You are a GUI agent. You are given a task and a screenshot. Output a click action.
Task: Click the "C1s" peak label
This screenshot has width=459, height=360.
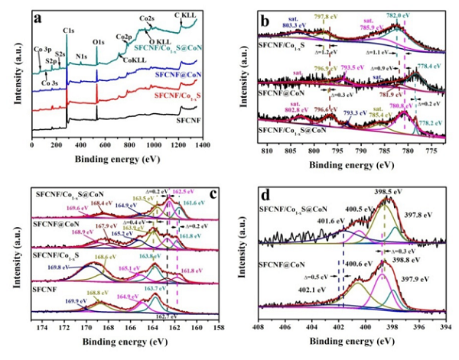pyautogui.click(x=69, y=30)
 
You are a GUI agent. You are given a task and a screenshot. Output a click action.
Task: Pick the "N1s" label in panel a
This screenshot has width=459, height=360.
pyautogui.click(x=82, y=55)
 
